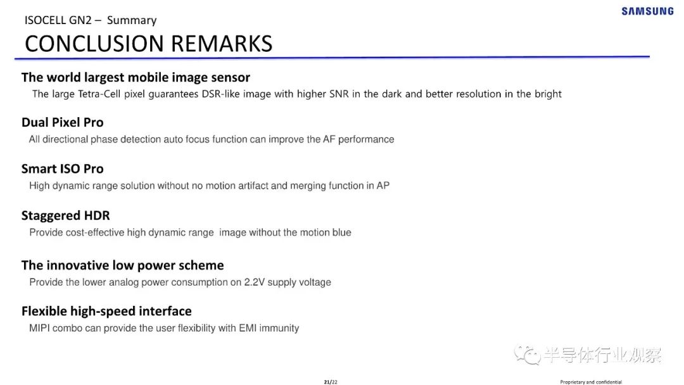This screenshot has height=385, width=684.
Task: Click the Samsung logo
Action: click(648, 11)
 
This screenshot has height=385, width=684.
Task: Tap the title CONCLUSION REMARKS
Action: click(149, 44)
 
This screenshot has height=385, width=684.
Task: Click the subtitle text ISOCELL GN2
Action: click(58, 20)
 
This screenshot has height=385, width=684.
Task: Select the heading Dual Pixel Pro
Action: click(62, 122)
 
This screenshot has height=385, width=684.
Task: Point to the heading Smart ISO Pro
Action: click(62, 168)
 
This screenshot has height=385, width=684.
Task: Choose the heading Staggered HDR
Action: click(65, 215)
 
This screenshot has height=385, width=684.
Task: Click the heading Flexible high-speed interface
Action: click(106, 311)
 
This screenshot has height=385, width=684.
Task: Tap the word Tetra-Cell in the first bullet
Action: click(99, 94)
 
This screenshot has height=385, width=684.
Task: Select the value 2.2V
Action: click(255, 282)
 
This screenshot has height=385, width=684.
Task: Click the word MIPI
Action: click(39, 328)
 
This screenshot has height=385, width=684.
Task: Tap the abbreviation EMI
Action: click(248, 328)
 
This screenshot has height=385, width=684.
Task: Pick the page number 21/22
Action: click(331, 382)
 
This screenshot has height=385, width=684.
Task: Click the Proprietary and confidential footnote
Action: click(591, 382)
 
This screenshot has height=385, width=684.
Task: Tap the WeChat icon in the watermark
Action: click(528, 354)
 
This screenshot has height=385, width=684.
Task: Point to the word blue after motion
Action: click(341, 232)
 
